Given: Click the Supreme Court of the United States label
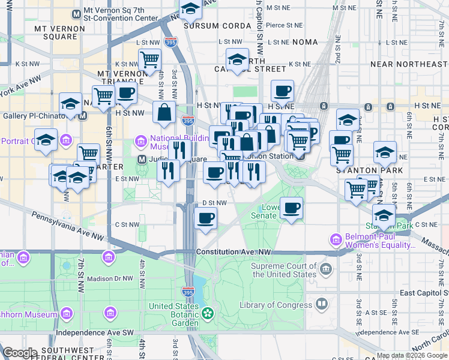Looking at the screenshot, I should pos(283,271).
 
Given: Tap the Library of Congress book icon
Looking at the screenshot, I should pos(322,305).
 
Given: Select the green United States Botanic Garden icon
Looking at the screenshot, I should pos(208,313).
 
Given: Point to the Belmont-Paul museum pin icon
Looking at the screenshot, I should pos(336,241).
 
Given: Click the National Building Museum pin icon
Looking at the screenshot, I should pos(141,142).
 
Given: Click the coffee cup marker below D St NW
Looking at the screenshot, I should pos(206,218).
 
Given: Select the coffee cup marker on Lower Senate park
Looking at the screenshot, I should pos(292,208).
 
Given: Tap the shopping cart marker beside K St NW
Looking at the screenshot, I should pos(149,59).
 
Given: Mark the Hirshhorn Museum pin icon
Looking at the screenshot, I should pos(66,314).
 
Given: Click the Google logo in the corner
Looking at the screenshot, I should pos(20,353).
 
